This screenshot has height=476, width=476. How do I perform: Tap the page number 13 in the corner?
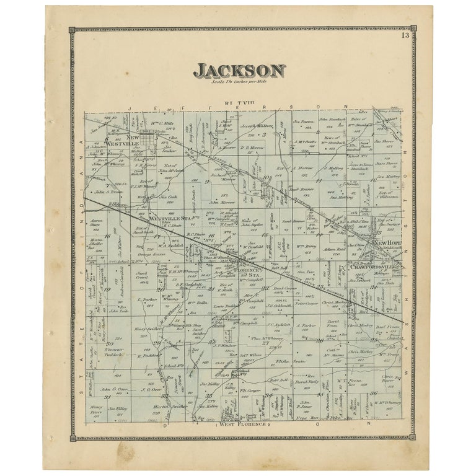405,35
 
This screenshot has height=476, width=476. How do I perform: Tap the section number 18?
107,236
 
